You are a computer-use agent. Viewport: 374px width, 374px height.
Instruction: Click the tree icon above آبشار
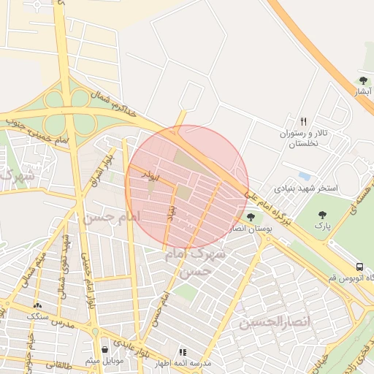pos(363,80)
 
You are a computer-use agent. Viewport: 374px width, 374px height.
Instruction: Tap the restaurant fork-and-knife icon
pos(303,121)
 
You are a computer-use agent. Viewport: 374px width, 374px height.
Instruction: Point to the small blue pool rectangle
pos(305,176)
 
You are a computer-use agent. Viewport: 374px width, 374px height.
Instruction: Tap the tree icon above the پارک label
pos(323,215)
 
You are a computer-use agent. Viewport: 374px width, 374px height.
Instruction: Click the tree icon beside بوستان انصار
pos(251,217)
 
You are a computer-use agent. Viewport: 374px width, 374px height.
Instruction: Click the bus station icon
pos(359,267)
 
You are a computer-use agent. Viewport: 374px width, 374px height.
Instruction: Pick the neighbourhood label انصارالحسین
pos(275,321)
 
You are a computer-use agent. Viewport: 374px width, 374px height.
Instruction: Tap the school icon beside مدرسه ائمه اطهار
pos(183,352)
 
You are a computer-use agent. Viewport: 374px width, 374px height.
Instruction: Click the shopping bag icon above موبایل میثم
pos(106,350)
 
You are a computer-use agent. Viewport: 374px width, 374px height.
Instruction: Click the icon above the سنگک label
pos(37,305)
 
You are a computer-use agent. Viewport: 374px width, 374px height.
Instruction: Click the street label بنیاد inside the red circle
pos(173,212)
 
